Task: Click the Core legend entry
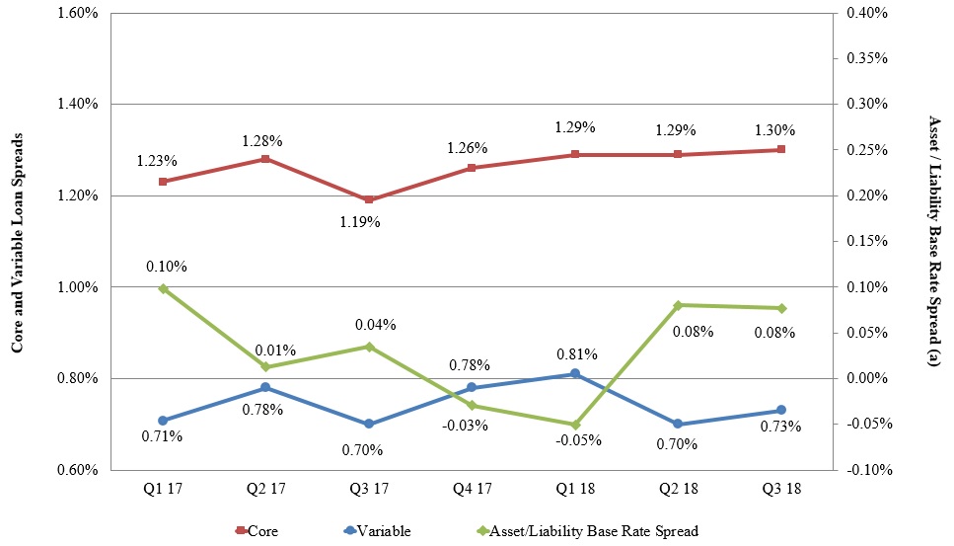tap(257, 531)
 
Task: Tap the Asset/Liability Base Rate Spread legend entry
tap(586, 531)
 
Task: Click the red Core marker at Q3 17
tap(369, 199)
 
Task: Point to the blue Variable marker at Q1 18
tap(575, 373)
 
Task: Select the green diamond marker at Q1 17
tap(163, 288)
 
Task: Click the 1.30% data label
tap(779, 129)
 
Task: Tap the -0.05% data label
tap(574, 440)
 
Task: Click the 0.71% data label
tap(163, 435)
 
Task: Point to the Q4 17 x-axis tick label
tap(472, 489)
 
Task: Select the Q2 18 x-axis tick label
tap(678, 489)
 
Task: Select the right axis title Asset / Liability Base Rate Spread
tap(934, 241)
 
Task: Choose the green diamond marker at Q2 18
tap(678, 305)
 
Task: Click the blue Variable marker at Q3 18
tap(780, 410)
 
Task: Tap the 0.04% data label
tap(376, 324)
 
